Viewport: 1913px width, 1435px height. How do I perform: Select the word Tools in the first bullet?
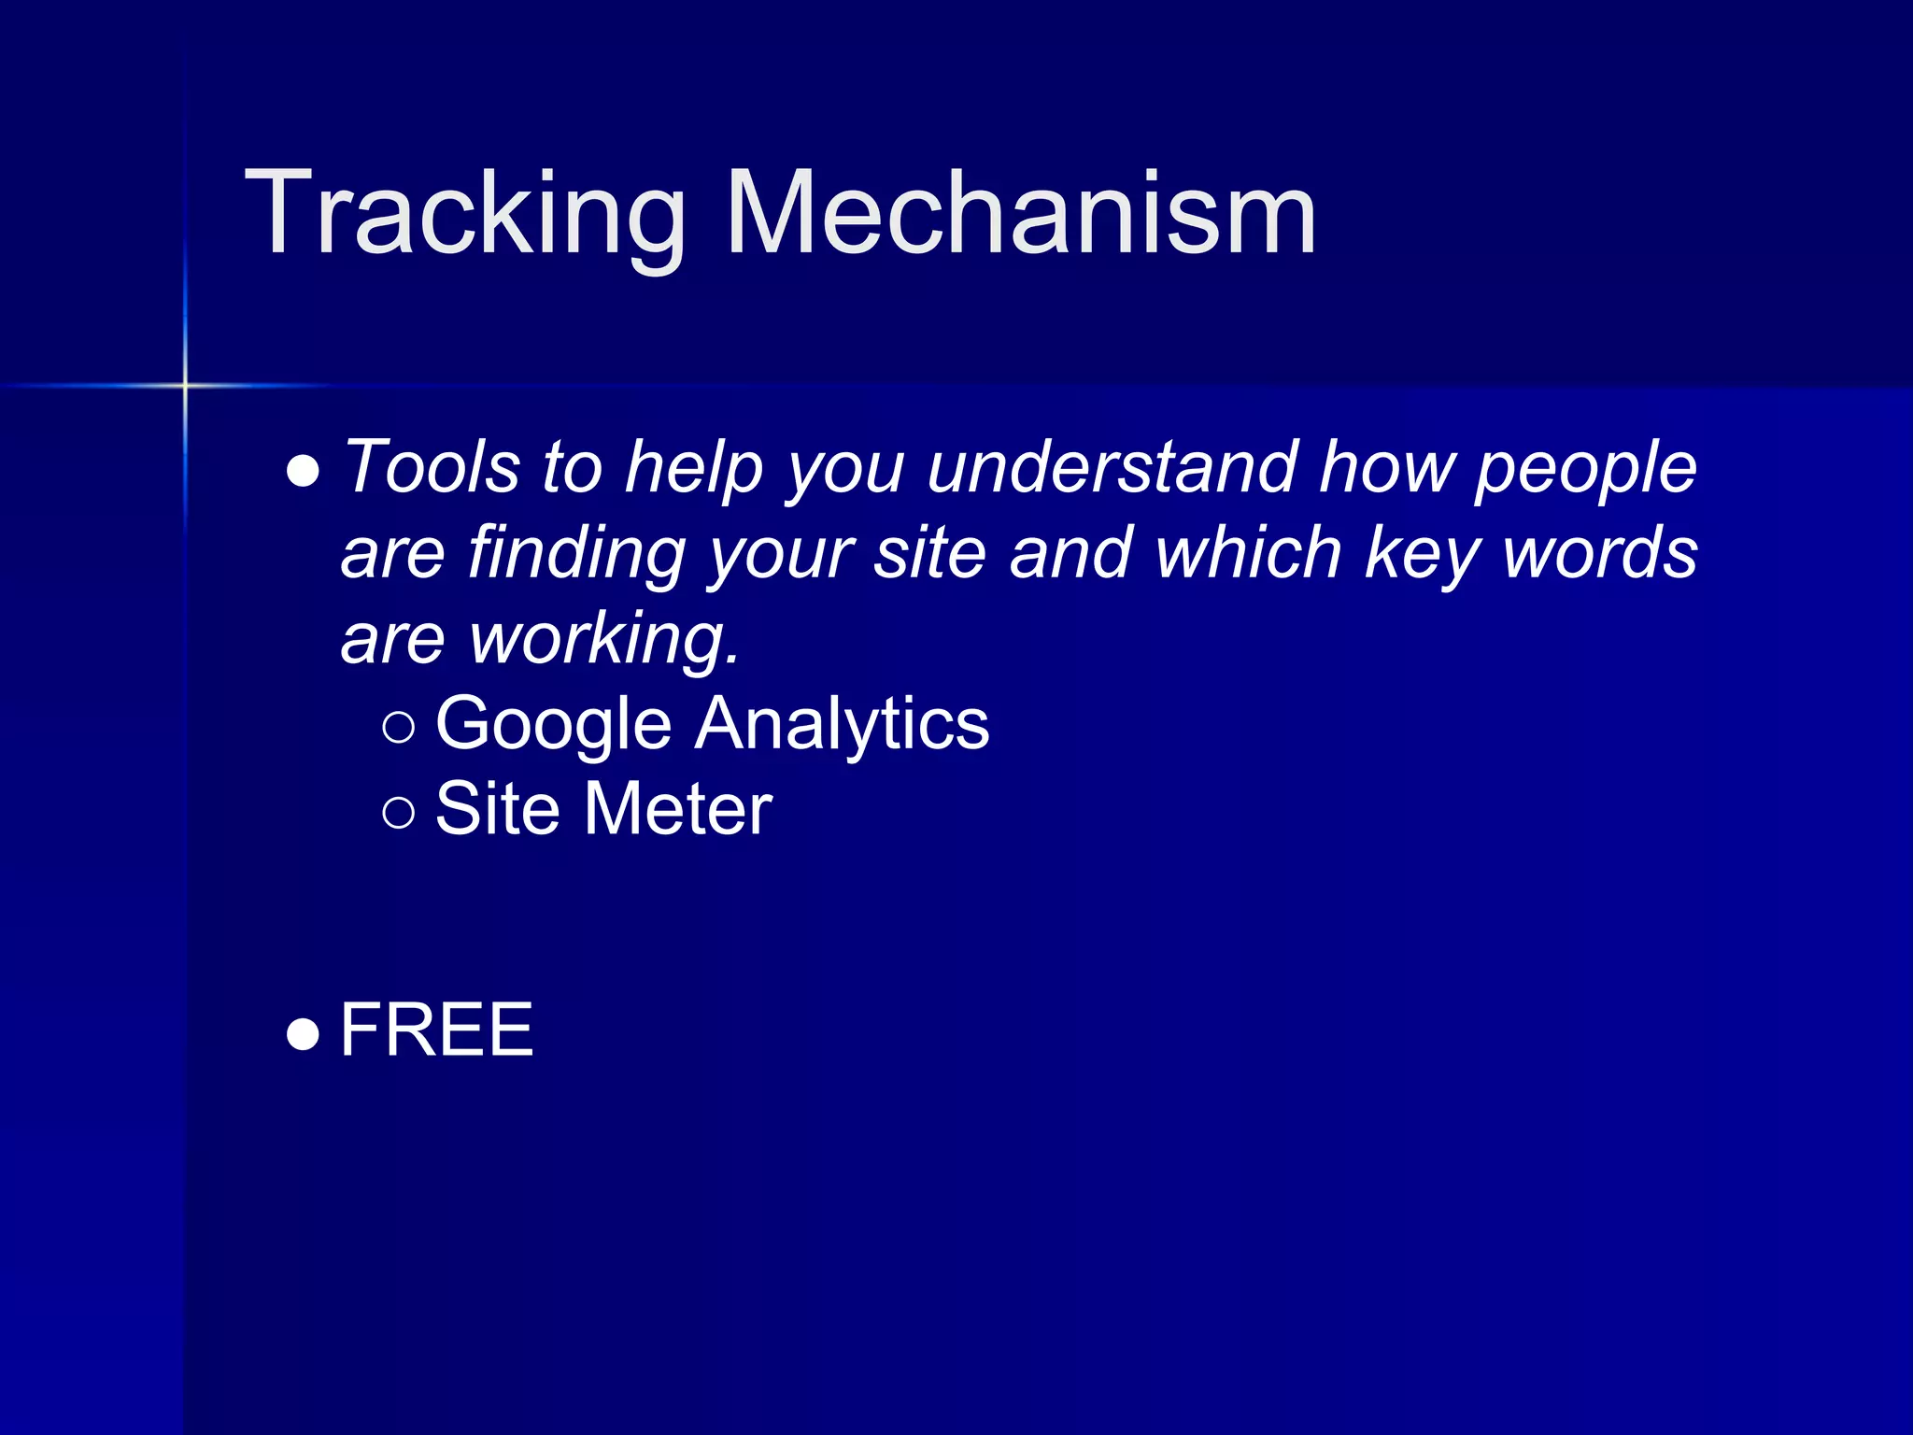[x=432, y=466]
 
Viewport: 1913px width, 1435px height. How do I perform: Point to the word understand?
[x=1112, y=466]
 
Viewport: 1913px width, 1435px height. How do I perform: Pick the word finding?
[x=577, y=554]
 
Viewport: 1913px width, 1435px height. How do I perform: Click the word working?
[x=604, y=640]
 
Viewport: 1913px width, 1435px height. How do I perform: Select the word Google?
[x=553, y=725]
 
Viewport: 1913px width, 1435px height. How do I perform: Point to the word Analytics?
[x=841, y=725]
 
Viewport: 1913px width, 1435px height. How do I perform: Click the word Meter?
[x=678, y=809]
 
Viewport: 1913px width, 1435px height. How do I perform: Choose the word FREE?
[x=436, y=1030]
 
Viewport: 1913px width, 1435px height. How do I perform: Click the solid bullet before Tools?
[x=304, y=472]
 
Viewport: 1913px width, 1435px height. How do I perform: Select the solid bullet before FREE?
[x=304, y=1034]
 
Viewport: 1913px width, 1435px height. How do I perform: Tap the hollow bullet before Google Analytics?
[x=399, y=727]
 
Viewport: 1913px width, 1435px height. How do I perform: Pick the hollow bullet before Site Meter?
[x=399, y=812]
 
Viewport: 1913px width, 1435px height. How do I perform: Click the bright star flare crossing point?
[x=185, y=385]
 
